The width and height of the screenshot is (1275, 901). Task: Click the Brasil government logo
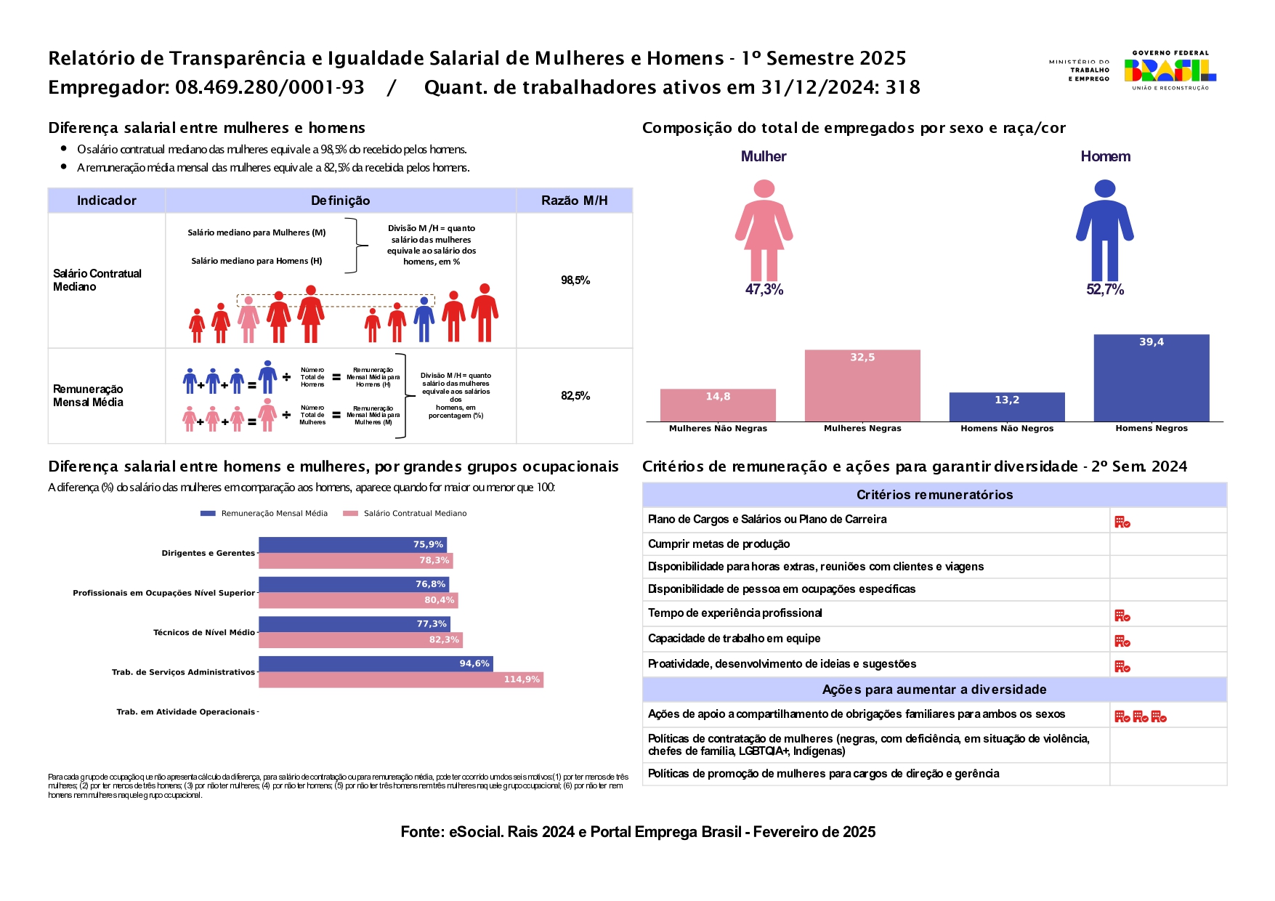click(1170, 70)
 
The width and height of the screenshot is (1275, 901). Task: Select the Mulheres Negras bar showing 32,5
click(862, 386)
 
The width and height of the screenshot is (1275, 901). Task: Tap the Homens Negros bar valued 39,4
click(1151, 378)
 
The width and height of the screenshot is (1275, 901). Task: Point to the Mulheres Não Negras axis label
click(718, 429)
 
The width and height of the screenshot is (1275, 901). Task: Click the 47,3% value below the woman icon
click(764, 290)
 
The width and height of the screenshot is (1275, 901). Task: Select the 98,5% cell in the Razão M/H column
click(575, 280)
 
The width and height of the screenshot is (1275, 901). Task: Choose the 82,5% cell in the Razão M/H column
click(575, 396)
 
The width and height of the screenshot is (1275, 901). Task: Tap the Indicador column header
click(107, 201)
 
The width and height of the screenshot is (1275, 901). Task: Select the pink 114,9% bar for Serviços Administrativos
click(401, 680)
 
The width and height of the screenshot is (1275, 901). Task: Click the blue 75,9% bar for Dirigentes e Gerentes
click(352, 545)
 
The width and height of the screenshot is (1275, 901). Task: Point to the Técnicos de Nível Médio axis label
click(204, 633)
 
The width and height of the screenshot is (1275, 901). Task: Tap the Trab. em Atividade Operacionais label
click(186, 712)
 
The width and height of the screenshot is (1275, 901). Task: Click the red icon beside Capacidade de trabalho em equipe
click(1122, 642)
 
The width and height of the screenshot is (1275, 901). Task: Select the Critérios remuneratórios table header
click(934, 495)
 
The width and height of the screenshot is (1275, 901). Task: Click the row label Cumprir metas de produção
click(719, 544)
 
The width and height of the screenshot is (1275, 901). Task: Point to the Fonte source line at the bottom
click(638, 832)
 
